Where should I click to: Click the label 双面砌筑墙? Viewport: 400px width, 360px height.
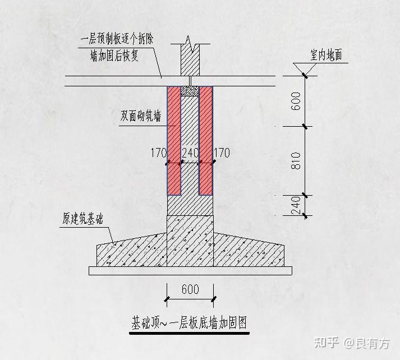tap(141, 117)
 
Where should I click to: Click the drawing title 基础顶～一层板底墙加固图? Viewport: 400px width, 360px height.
tap(190, 324)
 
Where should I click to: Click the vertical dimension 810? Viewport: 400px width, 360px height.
tap(297, 161)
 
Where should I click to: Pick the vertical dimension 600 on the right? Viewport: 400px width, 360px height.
tap(297, 101)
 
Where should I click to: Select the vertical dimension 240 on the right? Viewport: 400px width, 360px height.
tap(297, 205)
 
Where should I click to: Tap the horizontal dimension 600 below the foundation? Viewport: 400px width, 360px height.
tap(190, 289)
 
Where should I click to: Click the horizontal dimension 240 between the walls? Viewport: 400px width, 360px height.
tap(190, 153)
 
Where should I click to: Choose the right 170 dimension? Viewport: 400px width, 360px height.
tap(222, 153)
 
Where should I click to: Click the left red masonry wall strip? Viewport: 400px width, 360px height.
tap(173, 140)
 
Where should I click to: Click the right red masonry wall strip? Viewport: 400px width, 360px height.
tap(206, 140)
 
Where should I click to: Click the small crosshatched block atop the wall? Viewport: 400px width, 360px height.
tap(190, 90)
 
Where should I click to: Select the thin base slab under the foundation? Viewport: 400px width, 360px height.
tap(190, 271)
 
